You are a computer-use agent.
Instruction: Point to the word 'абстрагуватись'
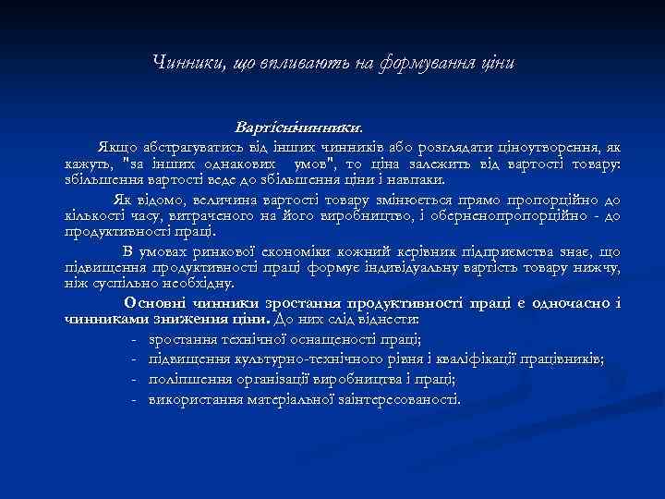pos(186,147)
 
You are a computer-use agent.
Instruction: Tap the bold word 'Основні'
pos(157,304)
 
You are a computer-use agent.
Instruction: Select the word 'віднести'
pos(391,320)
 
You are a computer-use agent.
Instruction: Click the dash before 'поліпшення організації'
pos(136,380)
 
